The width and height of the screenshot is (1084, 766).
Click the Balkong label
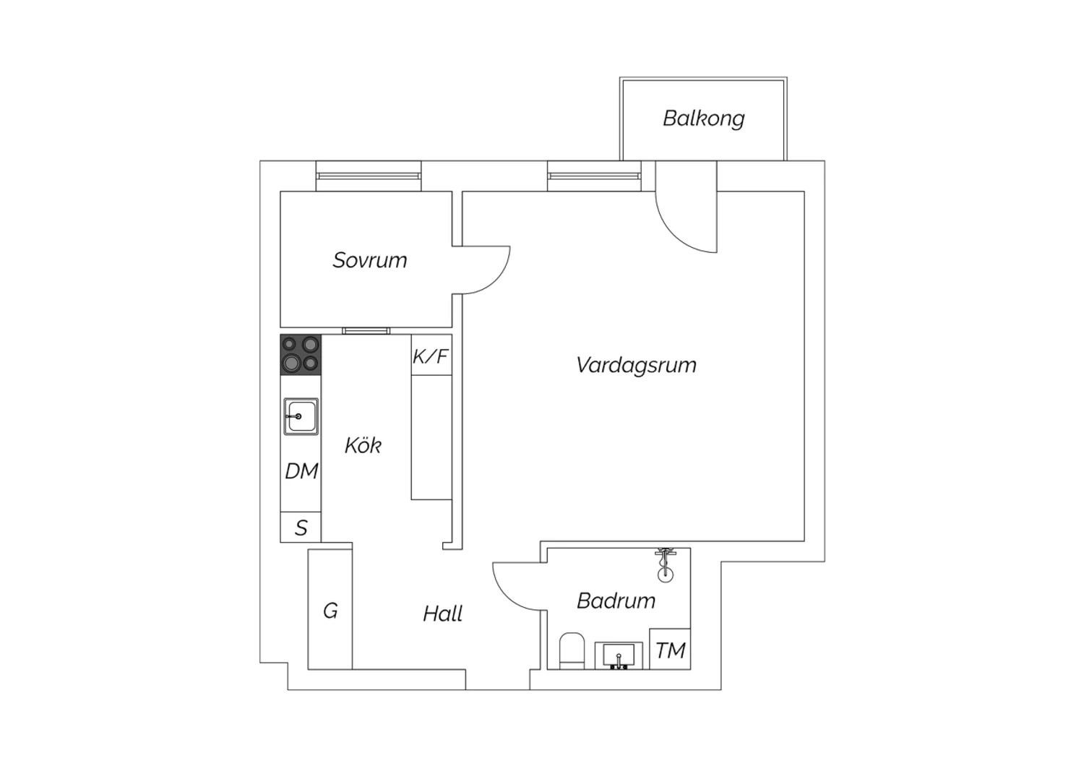point(703,119)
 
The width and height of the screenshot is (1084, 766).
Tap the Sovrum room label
point(369,260)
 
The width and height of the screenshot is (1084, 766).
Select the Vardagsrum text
point(636,365)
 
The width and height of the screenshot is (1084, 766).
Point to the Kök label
point(363,445)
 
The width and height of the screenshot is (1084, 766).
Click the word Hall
point(442,614)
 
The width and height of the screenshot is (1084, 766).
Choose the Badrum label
point(616,601)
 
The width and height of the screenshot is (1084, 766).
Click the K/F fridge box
point(431,356)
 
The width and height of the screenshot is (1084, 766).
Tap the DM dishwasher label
point(301,471)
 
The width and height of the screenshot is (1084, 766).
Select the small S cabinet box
point(301,528)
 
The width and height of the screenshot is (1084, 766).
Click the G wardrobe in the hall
point(330,611)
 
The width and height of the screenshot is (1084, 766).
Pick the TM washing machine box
point(670,650)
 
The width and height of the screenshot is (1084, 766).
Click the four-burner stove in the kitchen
point(301,354)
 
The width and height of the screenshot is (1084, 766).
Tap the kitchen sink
point(301,417)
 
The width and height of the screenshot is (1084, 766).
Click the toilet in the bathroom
point(572,650)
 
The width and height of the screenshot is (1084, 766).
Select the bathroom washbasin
point(618,655)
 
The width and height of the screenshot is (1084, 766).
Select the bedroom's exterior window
point(369,176)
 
